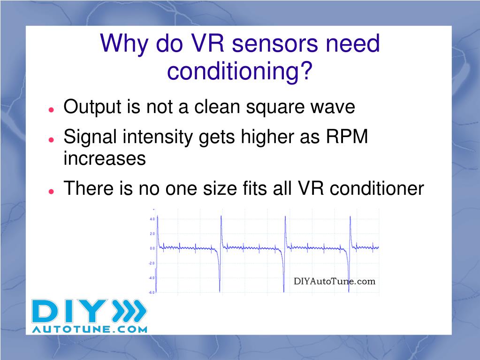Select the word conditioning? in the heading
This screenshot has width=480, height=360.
click(x=240, y=71)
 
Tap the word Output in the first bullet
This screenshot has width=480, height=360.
click(x=91, y=107)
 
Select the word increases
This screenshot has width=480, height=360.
click(x=105, y=159)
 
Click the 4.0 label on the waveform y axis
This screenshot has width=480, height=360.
click(x=152, y=219)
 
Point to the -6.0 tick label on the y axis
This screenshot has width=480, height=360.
click(x=152, y=292)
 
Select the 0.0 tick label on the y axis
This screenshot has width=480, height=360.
click(x=152, y=248)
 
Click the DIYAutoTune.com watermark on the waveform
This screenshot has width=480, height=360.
click(x=335, y=282)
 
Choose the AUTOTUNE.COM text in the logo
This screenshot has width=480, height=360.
click(x=90, y=329)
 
